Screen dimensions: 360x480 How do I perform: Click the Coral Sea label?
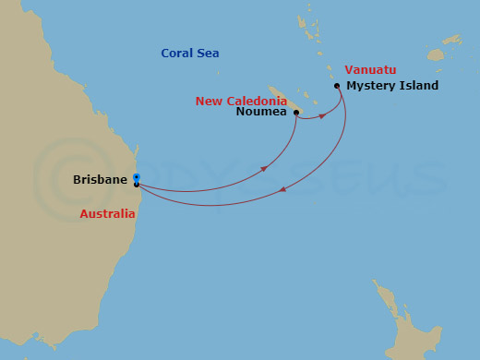(x=189, y=53)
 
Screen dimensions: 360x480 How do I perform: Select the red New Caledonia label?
(x=241, y=101)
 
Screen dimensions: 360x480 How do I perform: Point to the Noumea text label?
(x=261, y=113)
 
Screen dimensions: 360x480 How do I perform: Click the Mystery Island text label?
(x=392, y=86)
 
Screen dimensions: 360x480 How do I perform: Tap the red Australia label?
(x=106, y=213)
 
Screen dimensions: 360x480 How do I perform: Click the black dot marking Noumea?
(x=295, y=113)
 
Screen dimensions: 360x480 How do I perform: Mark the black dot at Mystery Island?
(x=337, y=86)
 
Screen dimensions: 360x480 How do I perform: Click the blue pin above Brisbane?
(x=136, y=176)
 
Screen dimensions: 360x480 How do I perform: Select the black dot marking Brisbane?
(x=137, y=185)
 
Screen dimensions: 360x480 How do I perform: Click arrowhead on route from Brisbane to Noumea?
(x=265, y=168)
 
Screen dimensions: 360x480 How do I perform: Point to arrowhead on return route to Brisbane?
(x=282, y=190)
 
